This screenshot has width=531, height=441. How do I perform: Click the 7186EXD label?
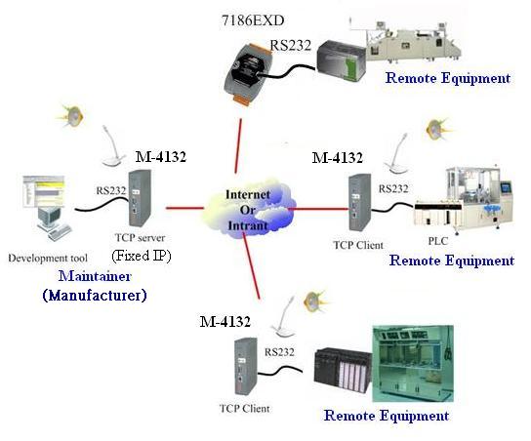[253, 20]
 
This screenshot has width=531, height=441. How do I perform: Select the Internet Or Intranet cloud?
[249, 210]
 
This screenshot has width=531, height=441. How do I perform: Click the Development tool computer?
[48, 208]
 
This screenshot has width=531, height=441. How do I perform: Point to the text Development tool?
[48, 259]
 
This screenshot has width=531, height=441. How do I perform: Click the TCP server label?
[141, 238]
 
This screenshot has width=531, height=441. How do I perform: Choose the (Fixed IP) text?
[142, 256]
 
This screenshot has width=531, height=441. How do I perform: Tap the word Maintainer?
[95, 276]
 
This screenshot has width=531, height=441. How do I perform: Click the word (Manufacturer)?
[95, 295]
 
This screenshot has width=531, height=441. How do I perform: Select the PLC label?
[438, 241]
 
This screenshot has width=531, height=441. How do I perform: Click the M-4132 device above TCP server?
[140, 198]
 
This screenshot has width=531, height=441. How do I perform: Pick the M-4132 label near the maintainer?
[161, 157]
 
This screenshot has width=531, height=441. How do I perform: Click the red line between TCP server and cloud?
[184, 208]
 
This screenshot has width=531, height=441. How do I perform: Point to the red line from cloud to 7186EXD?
[238, 146]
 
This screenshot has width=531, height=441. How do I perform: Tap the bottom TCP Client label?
[245, 409]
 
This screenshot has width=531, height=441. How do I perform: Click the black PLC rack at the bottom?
[343, 370]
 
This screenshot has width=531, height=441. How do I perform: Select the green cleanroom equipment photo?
[413, 364]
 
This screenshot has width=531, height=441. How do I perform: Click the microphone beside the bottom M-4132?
[284, 317]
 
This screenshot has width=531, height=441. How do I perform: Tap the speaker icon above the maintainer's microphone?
[71, 115]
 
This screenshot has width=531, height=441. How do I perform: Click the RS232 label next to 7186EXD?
[291, 45]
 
